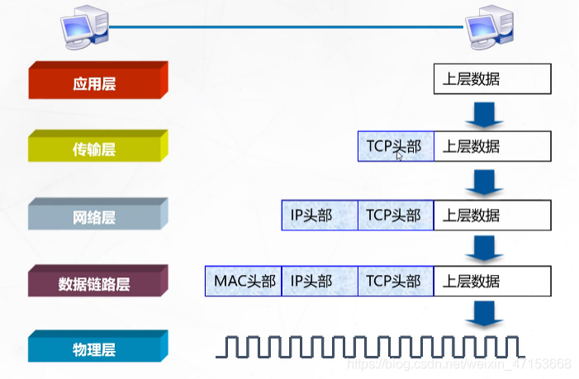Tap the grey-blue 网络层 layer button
coord(98,216)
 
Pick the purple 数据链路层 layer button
coord(98,283)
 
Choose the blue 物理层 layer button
coord(98,348)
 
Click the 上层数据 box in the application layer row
coord(491,80)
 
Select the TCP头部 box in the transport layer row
coord(395,147)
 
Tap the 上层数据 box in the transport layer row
coord(491,147)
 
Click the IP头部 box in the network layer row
coord(319,215)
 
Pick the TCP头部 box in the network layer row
coord(395,215)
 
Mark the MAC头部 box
coord(243,282)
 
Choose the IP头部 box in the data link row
coord(319,282)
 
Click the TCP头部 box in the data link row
coord(395,282)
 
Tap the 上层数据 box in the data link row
coord(491,282)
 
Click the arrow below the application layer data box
coord(484,114)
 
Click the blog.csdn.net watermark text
coord(458,364)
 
